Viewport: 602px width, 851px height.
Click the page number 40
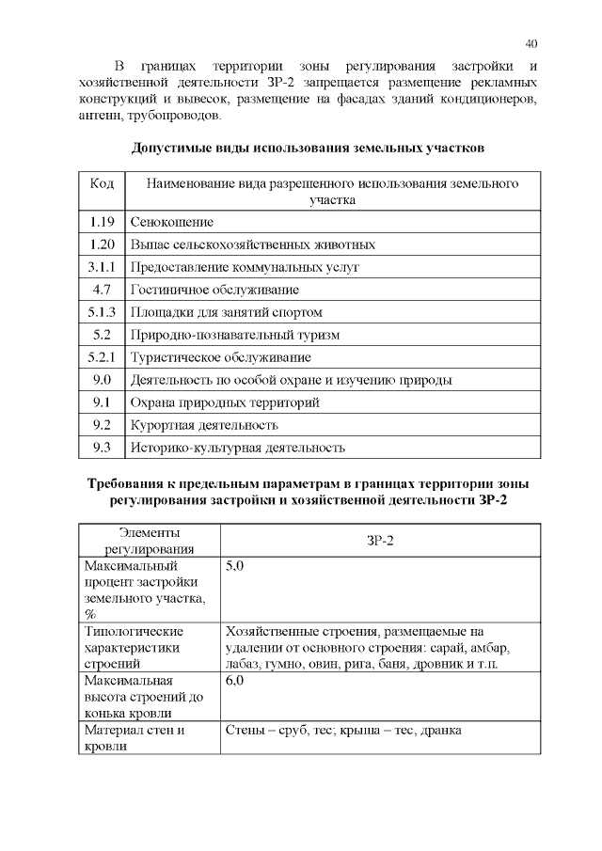(x=531, y=44)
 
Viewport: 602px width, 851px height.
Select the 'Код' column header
(x=102, y=183)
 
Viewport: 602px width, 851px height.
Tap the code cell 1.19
(x=102, y=222)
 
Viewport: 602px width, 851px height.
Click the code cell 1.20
(x=102, y=244)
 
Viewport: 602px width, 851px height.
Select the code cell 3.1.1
(x=102, y=267)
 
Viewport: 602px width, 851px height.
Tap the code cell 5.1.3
(x=102, y=312)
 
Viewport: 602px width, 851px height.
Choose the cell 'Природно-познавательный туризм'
(x=234, y=335)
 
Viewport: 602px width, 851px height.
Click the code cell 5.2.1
(x=102, y=357)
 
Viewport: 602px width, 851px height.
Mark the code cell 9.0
(x=102, y=380)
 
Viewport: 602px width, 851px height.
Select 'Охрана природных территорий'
(x=225, y=402)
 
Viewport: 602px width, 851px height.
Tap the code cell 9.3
(x=102, y=448)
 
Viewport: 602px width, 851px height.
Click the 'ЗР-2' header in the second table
(x=380, y=541)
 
